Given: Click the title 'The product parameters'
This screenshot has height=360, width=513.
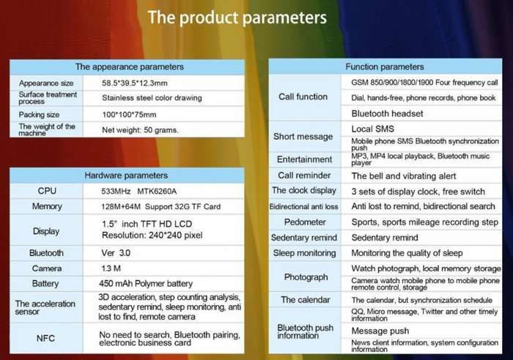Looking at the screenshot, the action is coord(237,18).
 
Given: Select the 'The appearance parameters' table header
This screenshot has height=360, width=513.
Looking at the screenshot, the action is coord(130,67).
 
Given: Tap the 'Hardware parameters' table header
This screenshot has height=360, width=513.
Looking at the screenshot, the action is coord(126,175).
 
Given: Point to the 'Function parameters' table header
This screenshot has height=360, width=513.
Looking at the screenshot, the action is coord(385,67).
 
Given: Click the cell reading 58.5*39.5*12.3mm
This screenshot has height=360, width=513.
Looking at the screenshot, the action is coord(134,83).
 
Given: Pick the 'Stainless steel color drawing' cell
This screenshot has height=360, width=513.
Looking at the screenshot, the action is coord(152,98).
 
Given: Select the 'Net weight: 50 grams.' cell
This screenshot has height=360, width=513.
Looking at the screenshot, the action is coord(140,130).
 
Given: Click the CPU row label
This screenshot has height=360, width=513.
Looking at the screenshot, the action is coord(47,191).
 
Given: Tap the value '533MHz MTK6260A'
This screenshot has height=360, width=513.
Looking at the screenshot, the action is coord(139,191).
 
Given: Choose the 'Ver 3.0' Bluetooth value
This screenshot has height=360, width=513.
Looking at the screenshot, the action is coord(116,253).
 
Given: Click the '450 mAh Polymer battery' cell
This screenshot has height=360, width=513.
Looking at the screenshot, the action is coord(146,284).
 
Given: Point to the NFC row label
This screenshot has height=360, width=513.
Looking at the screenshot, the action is coord(45,338).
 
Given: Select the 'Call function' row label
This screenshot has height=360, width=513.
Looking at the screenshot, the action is coord(303,97).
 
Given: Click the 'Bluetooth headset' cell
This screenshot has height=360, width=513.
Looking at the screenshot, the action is coord(387,114).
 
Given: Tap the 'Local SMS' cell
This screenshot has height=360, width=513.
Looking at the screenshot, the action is coord(372,129).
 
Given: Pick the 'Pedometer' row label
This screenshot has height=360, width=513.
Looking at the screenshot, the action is coord(305,222).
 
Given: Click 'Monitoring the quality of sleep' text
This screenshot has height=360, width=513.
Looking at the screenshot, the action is coord(407,253).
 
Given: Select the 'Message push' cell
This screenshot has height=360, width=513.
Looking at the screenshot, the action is coord(380,331).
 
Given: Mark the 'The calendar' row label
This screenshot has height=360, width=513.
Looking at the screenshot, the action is coord(306,300).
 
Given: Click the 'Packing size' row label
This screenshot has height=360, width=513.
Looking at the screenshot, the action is coord(39,114).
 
